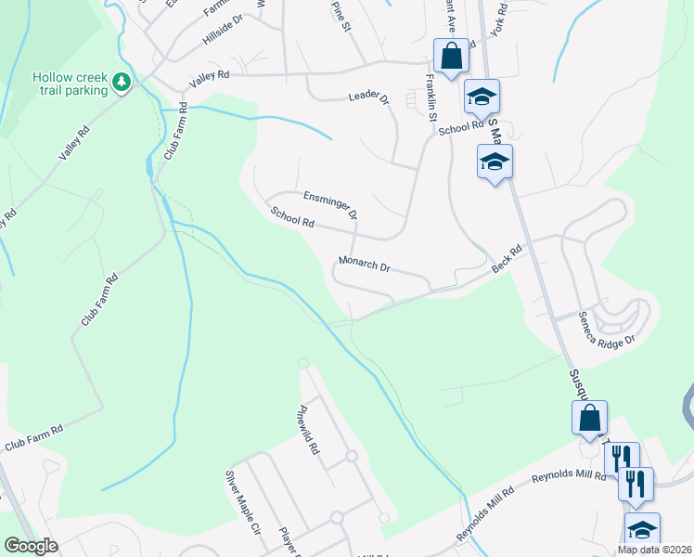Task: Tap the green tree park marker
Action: point(122,84)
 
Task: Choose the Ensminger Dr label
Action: point(330,204)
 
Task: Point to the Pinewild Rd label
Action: point(308,429)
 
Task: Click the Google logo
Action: point(31,546)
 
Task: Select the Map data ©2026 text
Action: point(654,550)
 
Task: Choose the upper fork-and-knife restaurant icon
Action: point(622,458)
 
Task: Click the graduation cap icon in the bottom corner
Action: point(642,530)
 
